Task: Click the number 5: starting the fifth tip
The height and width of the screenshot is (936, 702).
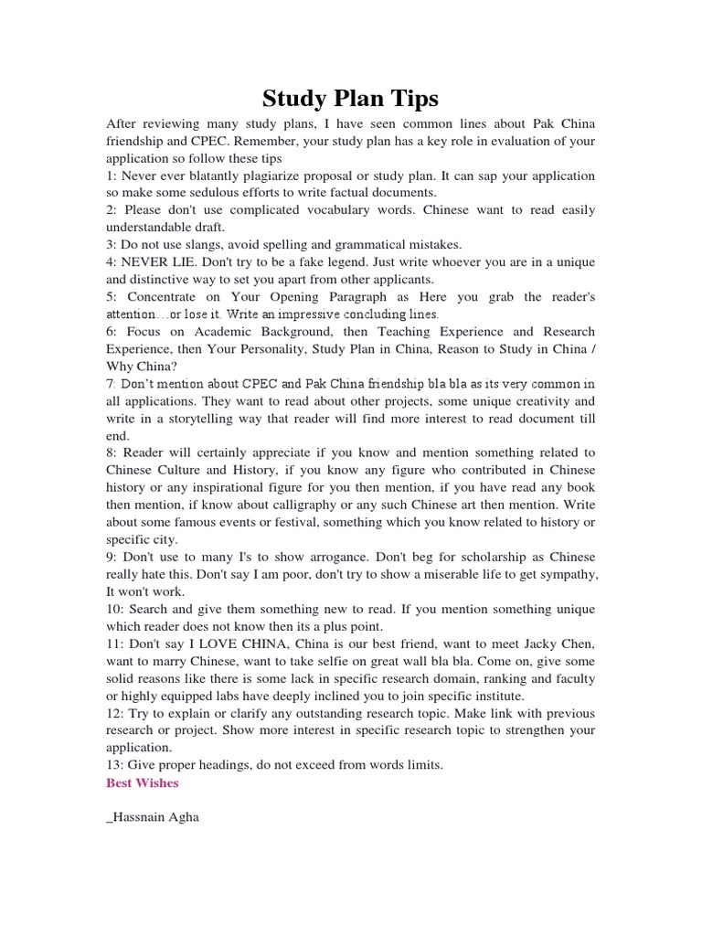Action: (x=112, y=297)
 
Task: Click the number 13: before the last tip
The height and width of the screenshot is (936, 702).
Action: (x=116, y=765)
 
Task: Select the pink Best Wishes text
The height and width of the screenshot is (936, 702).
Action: (x=143, y=782)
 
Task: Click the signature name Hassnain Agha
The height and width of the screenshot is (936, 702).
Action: (x=154, y=817)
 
